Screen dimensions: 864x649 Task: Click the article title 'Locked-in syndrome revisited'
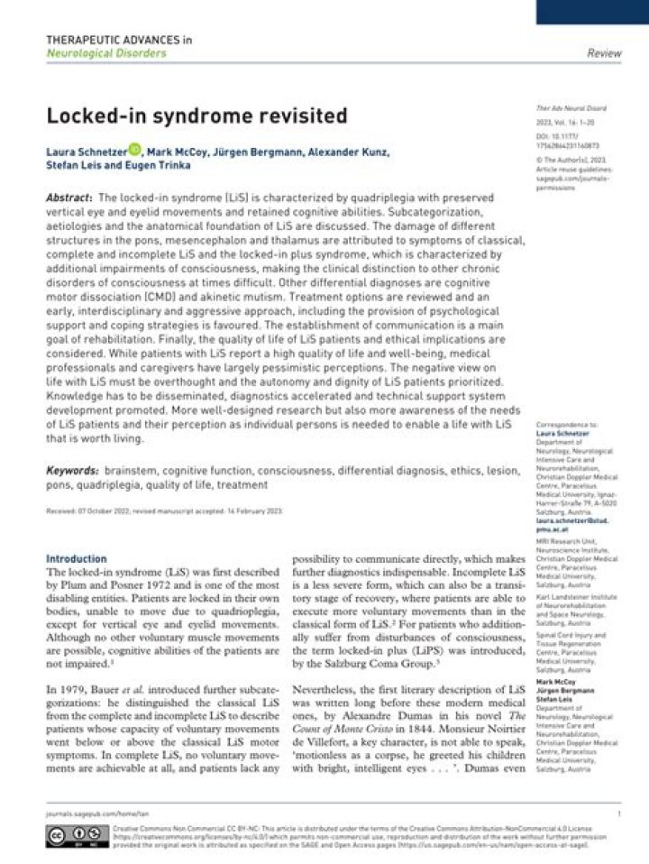[x=197, y=115]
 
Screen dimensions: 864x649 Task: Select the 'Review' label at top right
[x=603, y=53]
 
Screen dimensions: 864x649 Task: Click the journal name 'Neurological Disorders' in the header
[x=106, y=53]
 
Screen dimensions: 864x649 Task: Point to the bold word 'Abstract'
[x=69, y=197]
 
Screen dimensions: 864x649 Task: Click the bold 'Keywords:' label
[x=72, y=471]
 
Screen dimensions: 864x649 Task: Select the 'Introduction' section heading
[x=76, y=558]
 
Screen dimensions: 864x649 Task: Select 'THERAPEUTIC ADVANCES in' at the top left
[x=118, y=40]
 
